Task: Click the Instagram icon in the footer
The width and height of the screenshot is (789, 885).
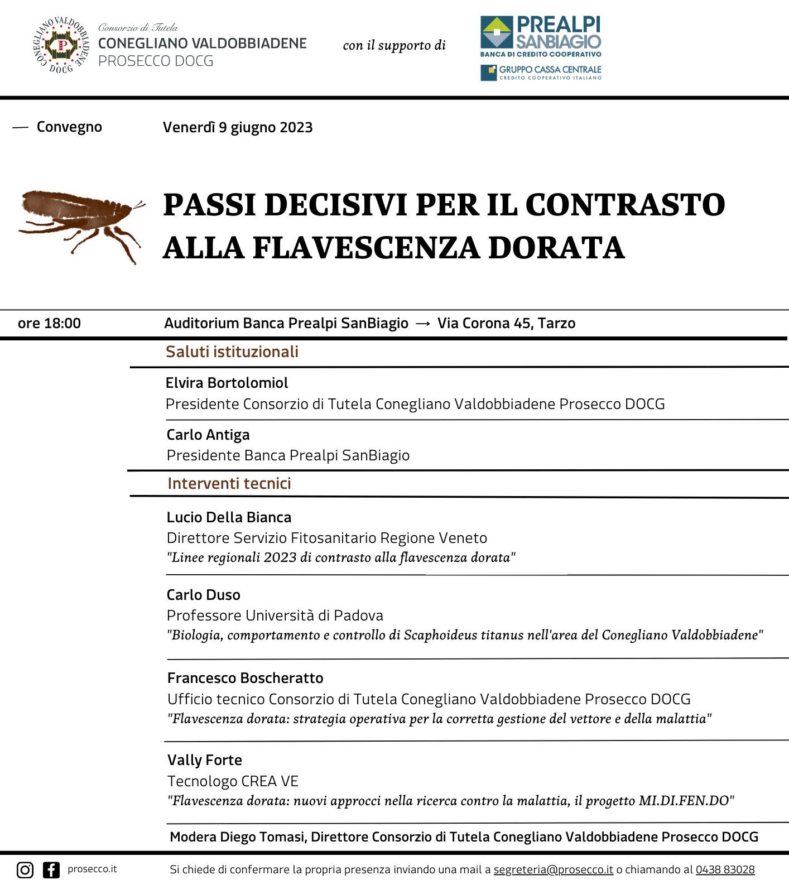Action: (25, 869)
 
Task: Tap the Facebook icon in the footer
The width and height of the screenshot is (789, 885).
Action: (51, 869)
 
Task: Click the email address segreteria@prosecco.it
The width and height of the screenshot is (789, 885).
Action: (553, 869)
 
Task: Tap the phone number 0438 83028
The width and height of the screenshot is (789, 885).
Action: (725, 869)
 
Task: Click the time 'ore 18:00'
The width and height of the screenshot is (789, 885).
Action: (49, 324)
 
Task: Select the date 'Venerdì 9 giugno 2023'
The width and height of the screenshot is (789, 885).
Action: (238, 128)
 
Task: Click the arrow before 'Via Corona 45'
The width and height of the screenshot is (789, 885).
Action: (423, 324)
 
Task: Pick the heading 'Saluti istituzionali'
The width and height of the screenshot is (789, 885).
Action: (232, 352)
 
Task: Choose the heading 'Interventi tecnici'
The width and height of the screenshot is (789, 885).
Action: (229, 483)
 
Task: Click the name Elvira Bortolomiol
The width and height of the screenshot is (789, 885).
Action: (227, 383)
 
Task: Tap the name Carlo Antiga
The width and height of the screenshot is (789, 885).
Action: (208, 435)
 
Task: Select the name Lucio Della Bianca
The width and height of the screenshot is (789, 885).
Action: (229, 517)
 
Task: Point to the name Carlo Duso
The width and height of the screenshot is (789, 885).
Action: (204, 595)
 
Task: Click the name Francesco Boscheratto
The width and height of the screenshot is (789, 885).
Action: (246, 678)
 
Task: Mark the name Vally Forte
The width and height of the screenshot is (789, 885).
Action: (205, 760)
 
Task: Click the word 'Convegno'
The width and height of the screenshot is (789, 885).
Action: (69, 127)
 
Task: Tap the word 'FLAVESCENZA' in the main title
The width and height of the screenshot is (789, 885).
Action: (365, 248)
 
